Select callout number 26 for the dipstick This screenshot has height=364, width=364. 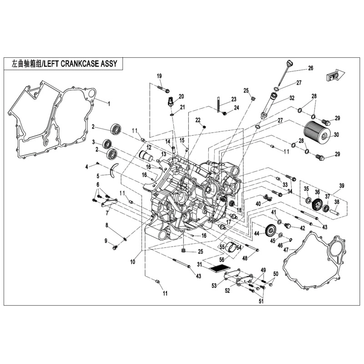(x=310, y=68)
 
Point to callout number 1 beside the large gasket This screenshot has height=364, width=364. (x=109, y=103)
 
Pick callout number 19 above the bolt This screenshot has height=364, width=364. (x=160, y=76)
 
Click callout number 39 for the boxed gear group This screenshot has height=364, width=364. (x=342, y=186)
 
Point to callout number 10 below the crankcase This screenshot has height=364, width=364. (x=132, y=262)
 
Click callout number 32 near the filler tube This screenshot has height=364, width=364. (x=292, y=98)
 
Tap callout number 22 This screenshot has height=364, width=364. (x=198, y=120)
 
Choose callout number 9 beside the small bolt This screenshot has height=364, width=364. (x=106, y=241)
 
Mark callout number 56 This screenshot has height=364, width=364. (x=222, y=259)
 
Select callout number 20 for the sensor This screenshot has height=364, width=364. (x=181, y=96)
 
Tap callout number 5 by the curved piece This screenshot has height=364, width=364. (x=97, y=176)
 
